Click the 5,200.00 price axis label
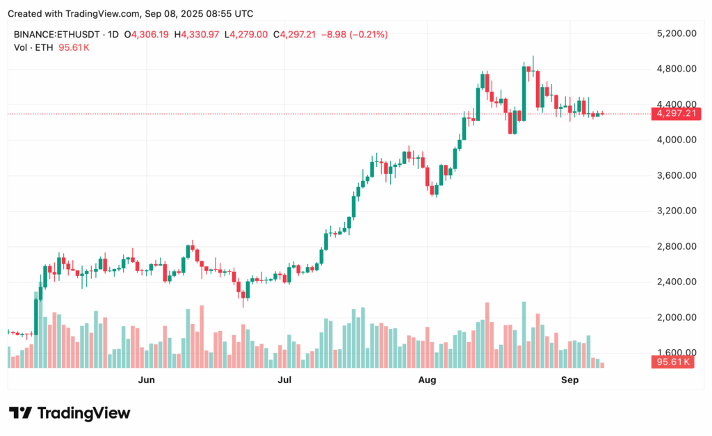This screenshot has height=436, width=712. click(676, 33)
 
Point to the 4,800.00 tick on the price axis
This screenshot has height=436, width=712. click(676, 68)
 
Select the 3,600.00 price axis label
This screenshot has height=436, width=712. click(676, 175)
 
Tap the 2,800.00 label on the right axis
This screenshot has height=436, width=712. click(676, 246)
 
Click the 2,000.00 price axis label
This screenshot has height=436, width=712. click(676, 317)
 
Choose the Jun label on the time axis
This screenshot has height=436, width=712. click(146, 380)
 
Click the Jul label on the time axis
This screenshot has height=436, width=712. click(284, 380)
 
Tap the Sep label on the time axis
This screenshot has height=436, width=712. click(569, 380)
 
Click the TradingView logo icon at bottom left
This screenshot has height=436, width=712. click(20, 413)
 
